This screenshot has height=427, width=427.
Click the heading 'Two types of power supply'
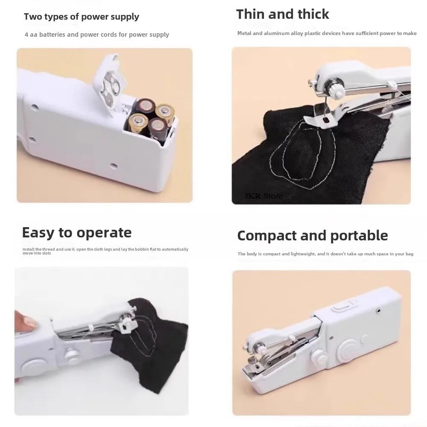[x=81, y=17]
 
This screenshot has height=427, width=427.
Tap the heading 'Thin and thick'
[x=282, y=14]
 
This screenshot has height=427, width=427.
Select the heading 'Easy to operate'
[x=76, y=233]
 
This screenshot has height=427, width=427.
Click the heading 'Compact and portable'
[x=312, y=236]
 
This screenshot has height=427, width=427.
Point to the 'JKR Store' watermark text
[x=263, y=196]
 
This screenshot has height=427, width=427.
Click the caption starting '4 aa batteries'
[x=97, y=35]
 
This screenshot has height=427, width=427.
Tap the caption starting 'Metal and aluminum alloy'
[x=327, y=33]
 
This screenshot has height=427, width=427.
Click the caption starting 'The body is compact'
[x=325, y=254]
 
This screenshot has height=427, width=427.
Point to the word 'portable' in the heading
[x=357, y=236]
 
